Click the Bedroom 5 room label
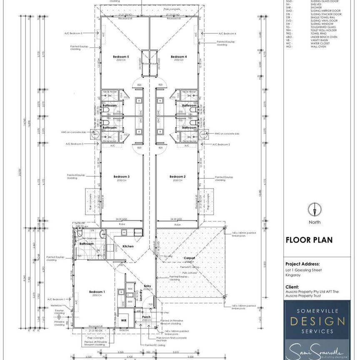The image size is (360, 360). (x=122, y=56)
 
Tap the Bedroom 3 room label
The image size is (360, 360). (x=122, y=177)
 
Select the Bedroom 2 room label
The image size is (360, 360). (x=178, y=177)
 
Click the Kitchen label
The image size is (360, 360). (x=128, y=246)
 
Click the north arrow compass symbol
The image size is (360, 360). (x=315, y=210)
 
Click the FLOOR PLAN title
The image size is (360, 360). (x=303, y=240)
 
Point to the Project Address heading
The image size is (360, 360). (x=302, y=264)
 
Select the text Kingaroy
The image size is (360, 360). (x=292, y=275)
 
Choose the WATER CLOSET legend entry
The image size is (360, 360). (x=320, y=43)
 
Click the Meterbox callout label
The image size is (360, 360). (x=57, y=305)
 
